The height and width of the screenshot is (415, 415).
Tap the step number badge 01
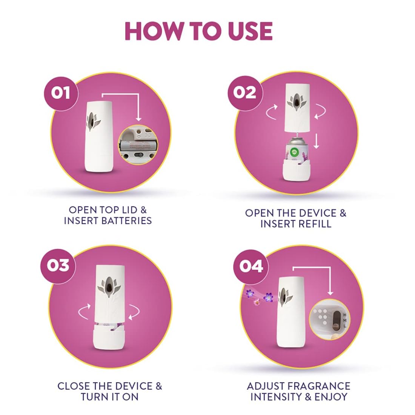[x=60, y=92]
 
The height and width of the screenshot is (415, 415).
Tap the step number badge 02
[x=244, y=92]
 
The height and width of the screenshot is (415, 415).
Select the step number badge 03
[x=58, y=265]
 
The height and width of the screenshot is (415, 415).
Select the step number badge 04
[x=251, y=266]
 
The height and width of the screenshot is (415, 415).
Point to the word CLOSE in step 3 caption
[x=74, y=386]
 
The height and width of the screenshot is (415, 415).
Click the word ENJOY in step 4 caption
[x=331, y=397]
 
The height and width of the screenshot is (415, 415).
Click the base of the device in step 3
[x=109, y=338]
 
